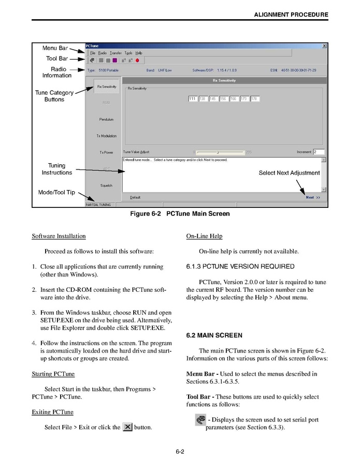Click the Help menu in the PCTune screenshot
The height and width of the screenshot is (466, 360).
pos(139,53)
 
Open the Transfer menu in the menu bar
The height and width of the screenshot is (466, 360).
pos(116,53)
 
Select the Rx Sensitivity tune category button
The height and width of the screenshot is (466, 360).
pos(106,87)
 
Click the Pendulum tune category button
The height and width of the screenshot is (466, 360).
pos(106,119)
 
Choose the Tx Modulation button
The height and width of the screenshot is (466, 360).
pos(106,136)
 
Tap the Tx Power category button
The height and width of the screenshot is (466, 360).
pos(106,152)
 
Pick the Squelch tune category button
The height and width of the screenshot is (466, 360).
pos(106,186)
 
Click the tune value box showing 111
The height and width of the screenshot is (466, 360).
pos(193,98)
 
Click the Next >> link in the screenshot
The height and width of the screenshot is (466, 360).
pos(313,197)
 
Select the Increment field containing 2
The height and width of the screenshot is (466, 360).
pos(318,152)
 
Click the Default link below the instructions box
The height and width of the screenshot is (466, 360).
pos(135,197)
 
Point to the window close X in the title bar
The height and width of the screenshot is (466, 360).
pos(324,46)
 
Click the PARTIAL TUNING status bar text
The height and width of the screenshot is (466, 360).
pos(98,205)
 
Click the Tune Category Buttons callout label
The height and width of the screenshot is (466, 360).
pos(54,96)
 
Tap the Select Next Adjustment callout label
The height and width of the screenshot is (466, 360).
pos(289,173)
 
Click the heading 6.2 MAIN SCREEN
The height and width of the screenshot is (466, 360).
pos(214,335)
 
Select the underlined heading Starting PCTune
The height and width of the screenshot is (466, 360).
pos(52,373)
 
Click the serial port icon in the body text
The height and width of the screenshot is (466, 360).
pos(200,420)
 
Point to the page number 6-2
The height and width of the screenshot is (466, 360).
pos(180,451)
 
